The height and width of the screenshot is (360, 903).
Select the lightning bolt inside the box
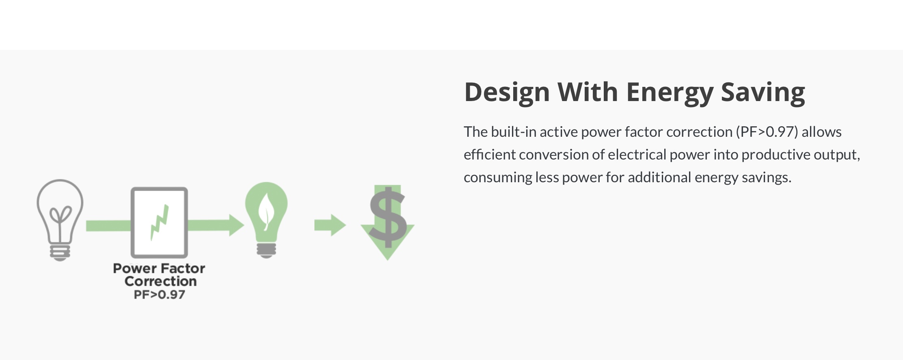coord(159,222)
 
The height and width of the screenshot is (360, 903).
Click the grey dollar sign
coord(388,217)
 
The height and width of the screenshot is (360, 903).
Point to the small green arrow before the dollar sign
coord(330,225)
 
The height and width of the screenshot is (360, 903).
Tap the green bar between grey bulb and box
coord(108,226)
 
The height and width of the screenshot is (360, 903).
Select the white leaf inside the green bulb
coord(266,211)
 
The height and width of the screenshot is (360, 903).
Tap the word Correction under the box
coord(160,281)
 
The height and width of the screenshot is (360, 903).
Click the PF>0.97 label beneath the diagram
coord(160,295)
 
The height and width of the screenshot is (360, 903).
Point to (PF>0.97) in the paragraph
coord(767,132)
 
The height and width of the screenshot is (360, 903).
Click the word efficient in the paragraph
coord(489,155)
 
